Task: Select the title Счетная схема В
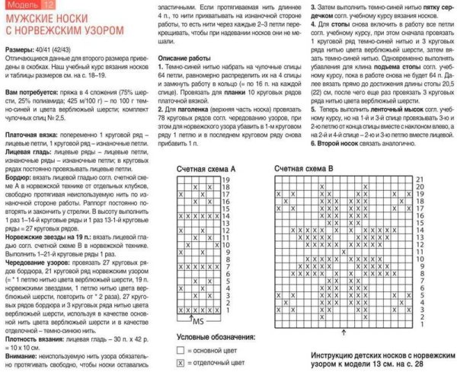305,167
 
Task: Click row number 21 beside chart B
417,177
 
